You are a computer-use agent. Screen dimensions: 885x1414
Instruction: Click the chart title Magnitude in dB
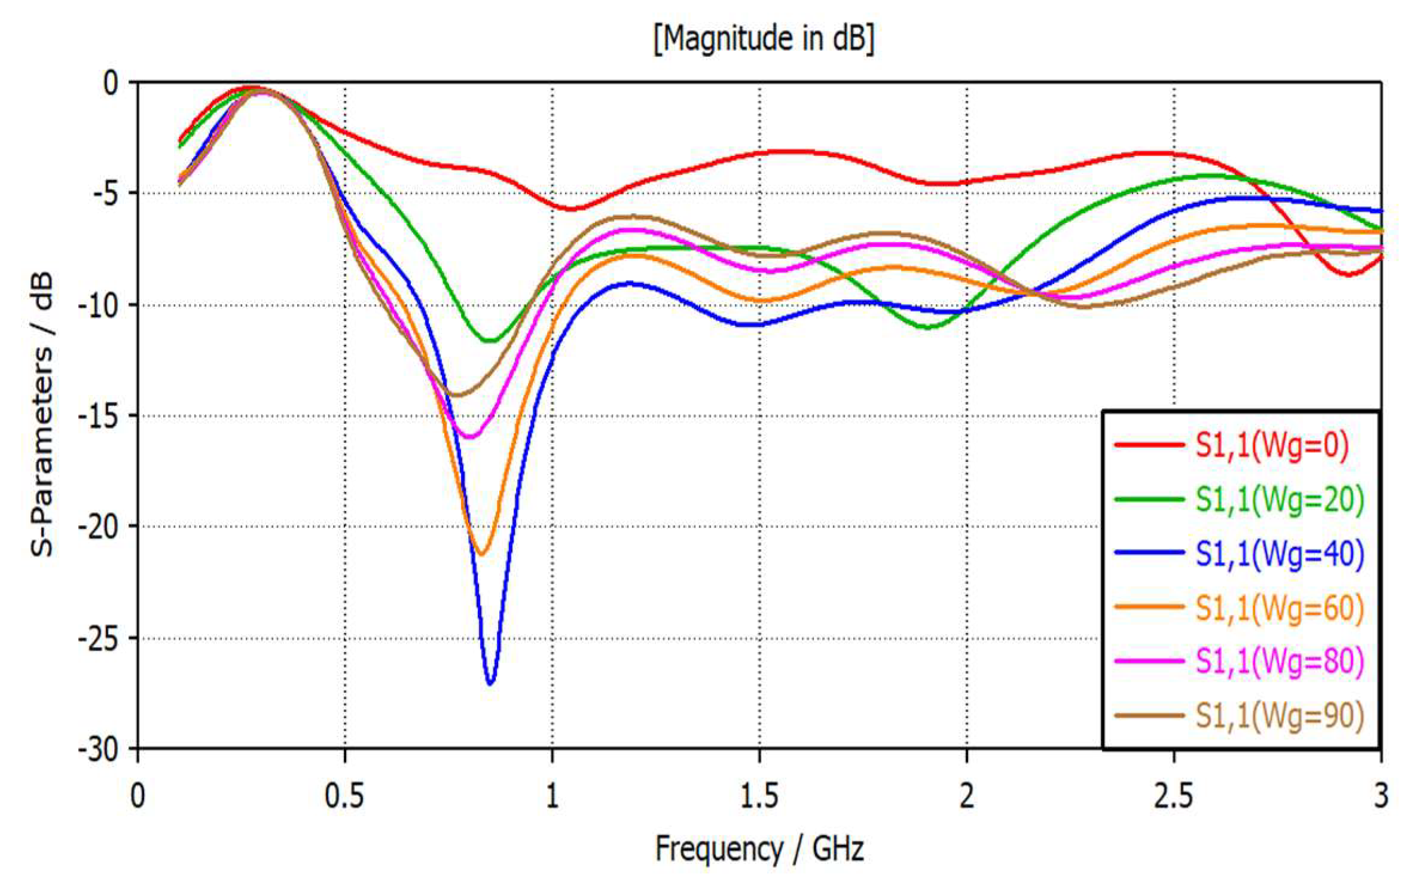pyautogui.click(x=764, y=39)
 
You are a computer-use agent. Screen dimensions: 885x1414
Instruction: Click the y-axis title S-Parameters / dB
pyautogui.click(x=42, y=415)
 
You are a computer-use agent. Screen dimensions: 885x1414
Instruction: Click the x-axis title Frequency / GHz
pyautogui.click(x=759, y=849)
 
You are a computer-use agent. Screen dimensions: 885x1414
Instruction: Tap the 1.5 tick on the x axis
pyautogui.click(x=759, y=797)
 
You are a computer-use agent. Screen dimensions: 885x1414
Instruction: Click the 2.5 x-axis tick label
pyautogui.click(x=1173, y=797)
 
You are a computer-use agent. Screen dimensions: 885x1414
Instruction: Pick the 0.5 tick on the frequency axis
pyautogui.click(x=344, y=797)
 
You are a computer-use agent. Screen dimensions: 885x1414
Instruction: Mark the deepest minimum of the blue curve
pyautogui.click(x=490, y=683)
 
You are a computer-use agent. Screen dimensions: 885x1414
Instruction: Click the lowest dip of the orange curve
pyautogui.click(x=481, y=555)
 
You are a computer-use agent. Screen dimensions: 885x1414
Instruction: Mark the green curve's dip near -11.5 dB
pyautogui.click(x=490, y=341)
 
